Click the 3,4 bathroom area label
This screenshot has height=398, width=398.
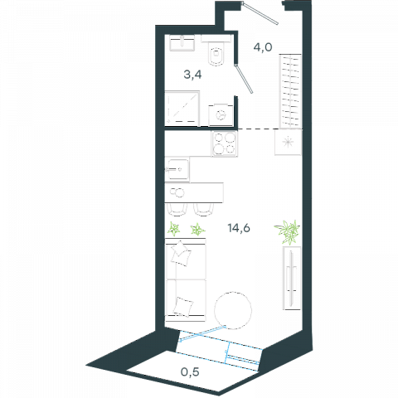[192, 75]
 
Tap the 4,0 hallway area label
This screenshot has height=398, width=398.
[263, 47]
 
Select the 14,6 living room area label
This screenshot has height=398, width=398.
[239, 228]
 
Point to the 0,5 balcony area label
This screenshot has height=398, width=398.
[190, 372]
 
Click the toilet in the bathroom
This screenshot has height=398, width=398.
[216, 51]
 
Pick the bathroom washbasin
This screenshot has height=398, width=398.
[182, 43]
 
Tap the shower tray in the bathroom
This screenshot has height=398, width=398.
[182, 109]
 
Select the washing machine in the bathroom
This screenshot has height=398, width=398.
[221, 115]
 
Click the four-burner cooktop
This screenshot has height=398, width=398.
[225, 143]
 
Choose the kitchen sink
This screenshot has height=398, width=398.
[177, 169]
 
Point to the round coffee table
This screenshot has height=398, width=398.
[233, 310]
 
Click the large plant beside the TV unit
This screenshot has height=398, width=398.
[288, 231]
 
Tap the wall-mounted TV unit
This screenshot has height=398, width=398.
[292, 278]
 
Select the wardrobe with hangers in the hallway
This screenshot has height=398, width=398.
[290, 91]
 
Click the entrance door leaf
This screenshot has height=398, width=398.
[260, 13]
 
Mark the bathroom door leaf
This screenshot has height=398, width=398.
[244, 79]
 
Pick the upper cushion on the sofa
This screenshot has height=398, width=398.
[181, 254]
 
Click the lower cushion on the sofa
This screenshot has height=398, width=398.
[183, 307]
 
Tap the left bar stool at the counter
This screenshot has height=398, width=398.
[177, 210]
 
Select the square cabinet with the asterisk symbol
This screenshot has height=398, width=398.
[288, 142]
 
